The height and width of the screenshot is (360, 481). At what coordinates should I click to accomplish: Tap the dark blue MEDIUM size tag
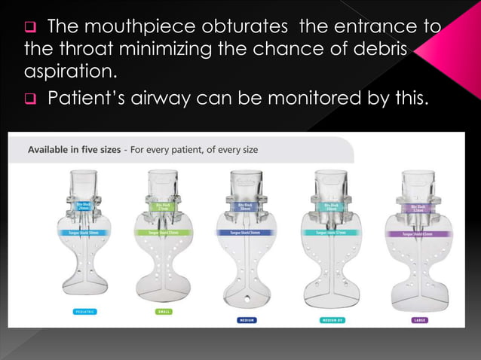point(247,320)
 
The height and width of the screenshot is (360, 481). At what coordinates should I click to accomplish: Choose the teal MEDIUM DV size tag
point(332,320)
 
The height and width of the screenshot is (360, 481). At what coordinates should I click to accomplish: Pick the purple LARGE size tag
point(420,320)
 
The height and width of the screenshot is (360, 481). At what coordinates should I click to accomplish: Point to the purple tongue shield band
point(420,234)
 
